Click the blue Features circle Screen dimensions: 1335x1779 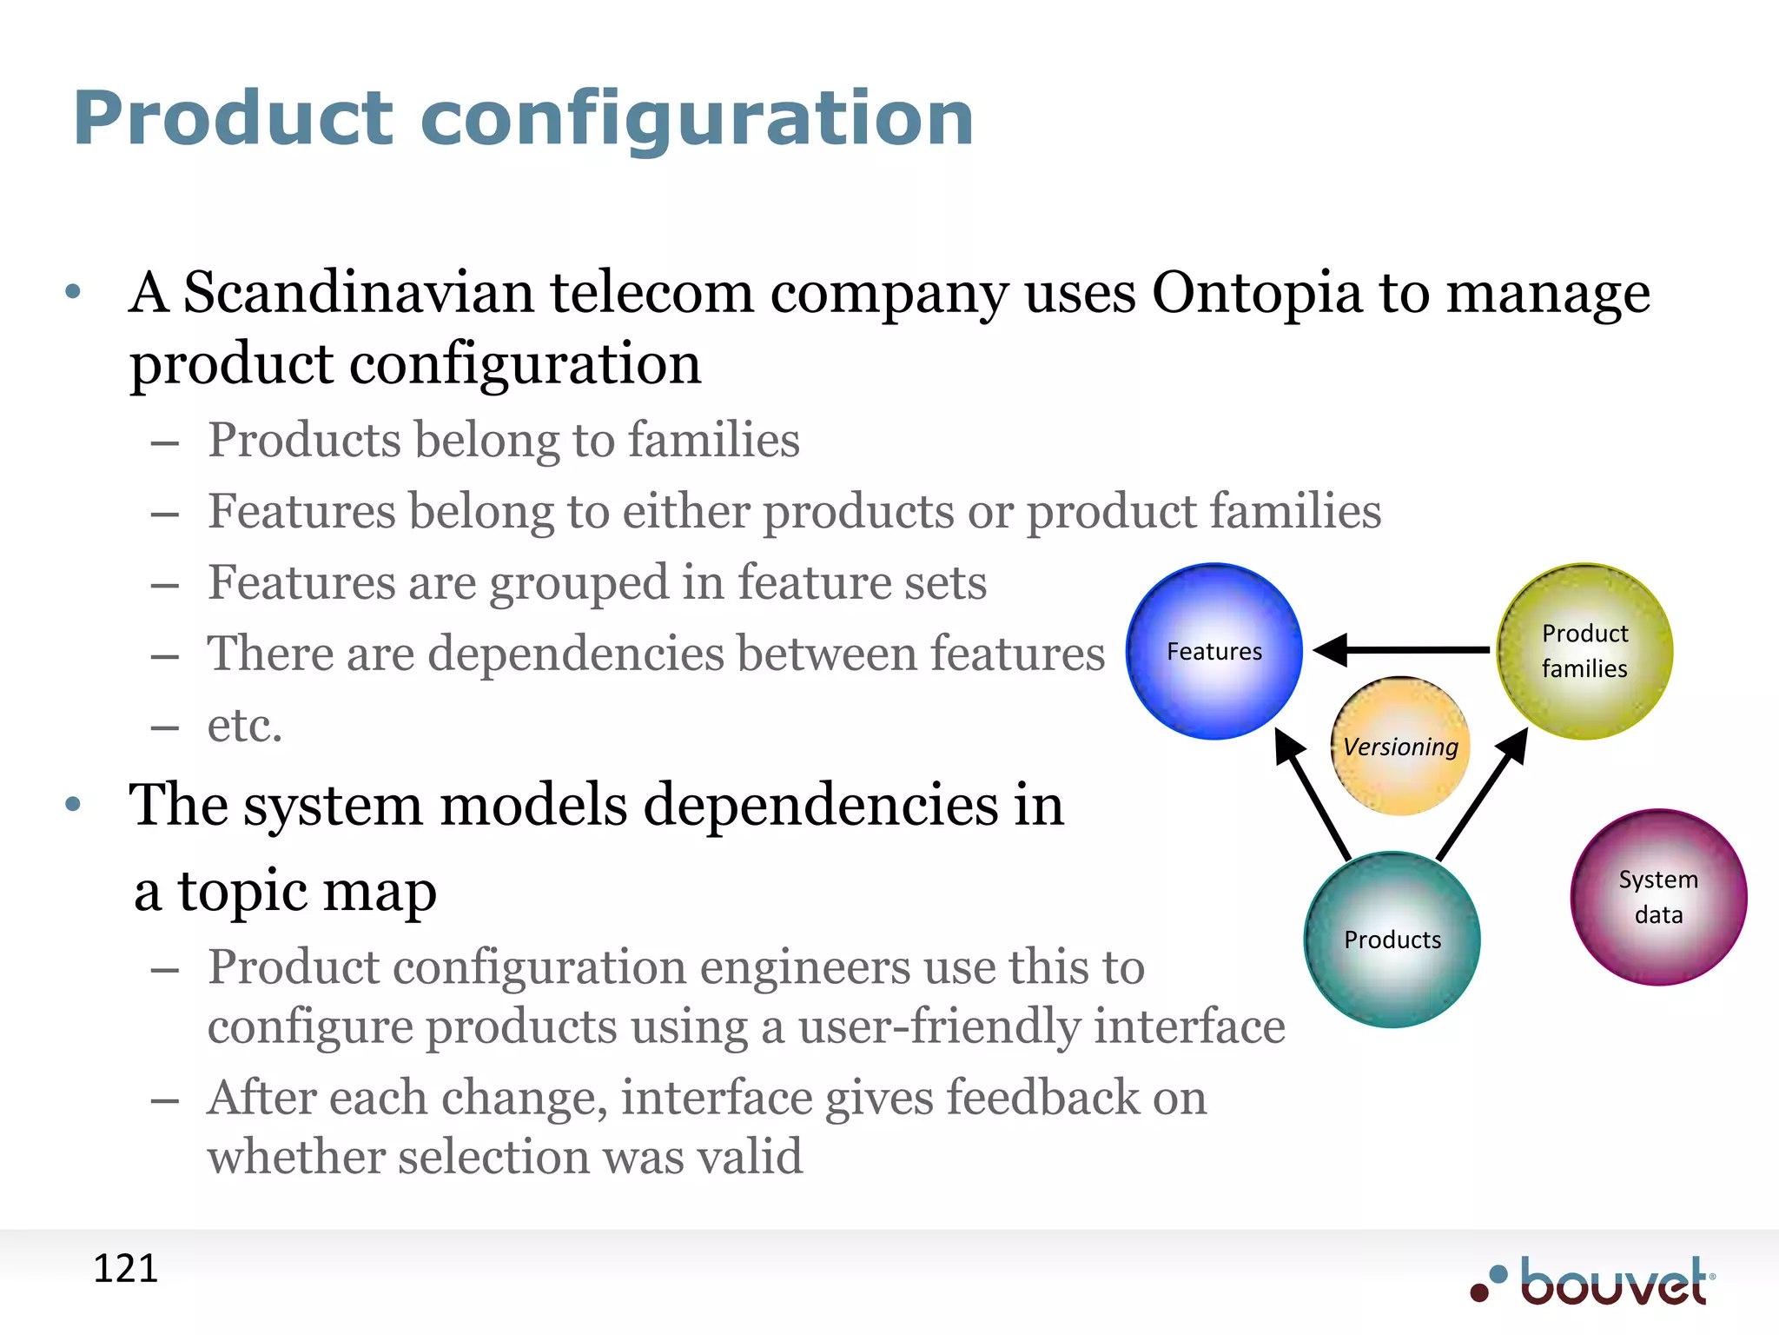(1214, 651)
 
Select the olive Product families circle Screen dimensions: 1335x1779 (1584, 651)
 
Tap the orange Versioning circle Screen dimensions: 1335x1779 (1400, 746)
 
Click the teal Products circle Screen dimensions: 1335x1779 (1392, 939)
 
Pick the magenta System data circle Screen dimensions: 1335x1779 (1658, 896)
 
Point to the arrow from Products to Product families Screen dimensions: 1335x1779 (1482, 794)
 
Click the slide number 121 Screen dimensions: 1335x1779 (125, 1268)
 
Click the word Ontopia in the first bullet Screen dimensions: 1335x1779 (1257, 293)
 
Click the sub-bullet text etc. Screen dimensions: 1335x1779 (245, 725)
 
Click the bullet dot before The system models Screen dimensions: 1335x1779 (73, 804)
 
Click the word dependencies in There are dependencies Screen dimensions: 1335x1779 (575, 654)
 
